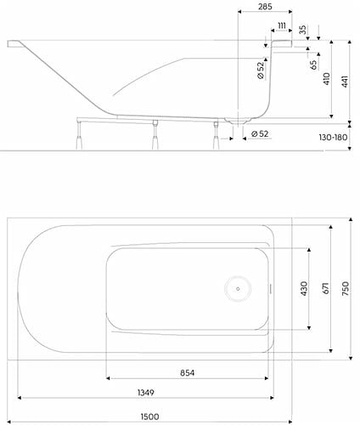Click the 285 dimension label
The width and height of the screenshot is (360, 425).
coord(265,7)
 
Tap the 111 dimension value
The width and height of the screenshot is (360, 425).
coord(282,25)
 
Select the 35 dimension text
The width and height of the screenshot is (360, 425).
coord(302,30)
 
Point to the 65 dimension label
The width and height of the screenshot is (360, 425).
coord(313,65)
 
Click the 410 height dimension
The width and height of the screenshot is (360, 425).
coord(326,79)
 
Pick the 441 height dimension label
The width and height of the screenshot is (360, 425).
coord(345,82)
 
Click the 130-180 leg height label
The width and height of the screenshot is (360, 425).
coord(333,138)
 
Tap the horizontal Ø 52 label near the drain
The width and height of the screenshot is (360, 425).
coord(260,133)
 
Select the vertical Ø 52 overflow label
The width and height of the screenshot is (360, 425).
coord(261,71)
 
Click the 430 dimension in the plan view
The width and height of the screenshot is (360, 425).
coord(304,288)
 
